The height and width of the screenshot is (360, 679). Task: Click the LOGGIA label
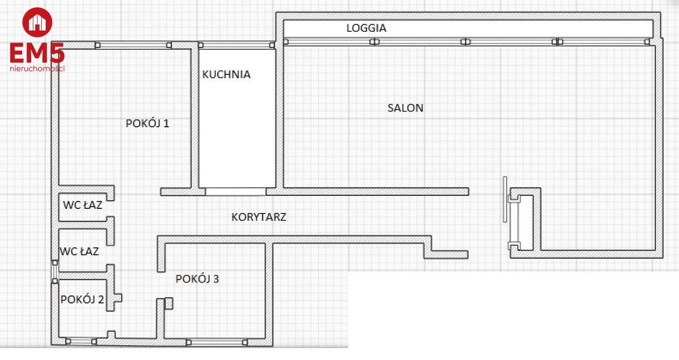point(366,28)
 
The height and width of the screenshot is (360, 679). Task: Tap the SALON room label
point(405,108)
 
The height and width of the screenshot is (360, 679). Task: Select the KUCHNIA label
point(226,75)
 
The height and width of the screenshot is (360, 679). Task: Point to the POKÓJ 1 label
point(147,123)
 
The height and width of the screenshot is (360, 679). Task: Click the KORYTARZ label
point(259,217)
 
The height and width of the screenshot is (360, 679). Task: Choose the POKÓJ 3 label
point(197,278)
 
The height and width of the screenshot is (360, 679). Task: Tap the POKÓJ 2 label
point(82,299)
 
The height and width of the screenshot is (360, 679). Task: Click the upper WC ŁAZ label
point(83,205)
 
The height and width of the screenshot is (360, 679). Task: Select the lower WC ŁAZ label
point(79,251)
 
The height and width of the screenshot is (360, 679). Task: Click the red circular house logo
point(37,23)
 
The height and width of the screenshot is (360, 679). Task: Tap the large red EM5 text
point(37,53)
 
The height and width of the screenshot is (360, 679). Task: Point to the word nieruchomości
point(37,68)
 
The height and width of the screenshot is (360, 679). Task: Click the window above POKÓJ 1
point(134,45)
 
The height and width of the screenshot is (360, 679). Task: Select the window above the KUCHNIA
point(237,45)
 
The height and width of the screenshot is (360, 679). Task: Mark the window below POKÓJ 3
point(216,342)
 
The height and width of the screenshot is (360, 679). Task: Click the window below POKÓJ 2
point(81,341)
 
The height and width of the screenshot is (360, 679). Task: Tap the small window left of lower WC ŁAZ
point(55,272)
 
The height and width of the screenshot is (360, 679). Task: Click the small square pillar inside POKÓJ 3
point(169,303)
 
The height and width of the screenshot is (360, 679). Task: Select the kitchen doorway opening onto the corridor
point(236,192)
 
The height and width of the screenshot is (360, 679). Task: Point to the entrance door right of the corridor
point(505,199)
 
